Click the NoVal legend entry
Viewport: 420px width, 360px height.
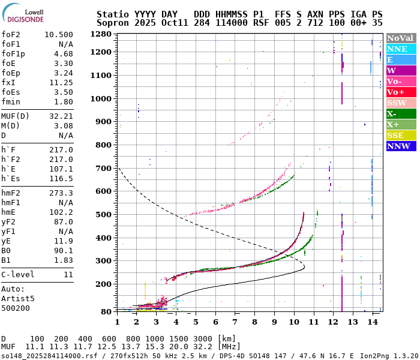[401, 38]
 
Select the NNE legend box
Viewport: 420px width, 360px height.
[401, 49]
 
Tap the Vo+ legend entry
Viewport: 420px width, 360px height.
[401, 92]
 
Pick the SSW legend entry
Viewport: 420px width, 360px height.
[401, 103]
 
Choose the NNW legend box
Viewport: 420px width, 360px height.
[401, 146]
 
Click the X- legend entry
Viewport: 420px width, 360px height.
[401, 113]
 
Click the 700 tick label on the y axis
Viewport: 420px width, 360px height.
[104, 168]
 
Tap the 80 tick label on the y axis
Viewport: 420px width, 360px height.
[106, 311]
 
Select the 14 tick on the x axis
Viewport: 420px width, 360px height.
[373, 322]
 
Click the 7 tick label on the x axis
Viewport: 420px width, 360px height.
[235, 322]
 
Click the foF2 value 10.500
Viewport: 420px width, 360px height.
[58, 35]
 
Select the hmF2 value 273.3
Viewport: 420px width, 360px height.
[61, 193]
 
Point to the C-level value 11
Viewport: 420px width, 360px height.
[68, 275]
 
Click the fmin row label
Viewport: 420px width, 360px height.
[11, 102]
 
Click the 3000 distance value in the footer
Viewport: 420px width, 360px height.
[203, 339]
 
